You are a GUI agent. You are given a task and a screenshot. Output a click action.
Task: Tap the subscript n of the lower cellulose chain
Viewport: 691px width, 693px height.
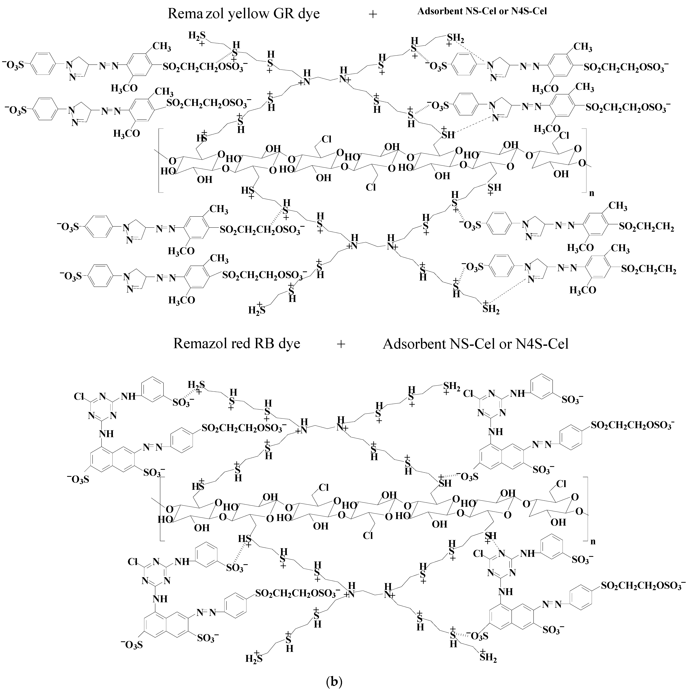click(593, 542)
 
